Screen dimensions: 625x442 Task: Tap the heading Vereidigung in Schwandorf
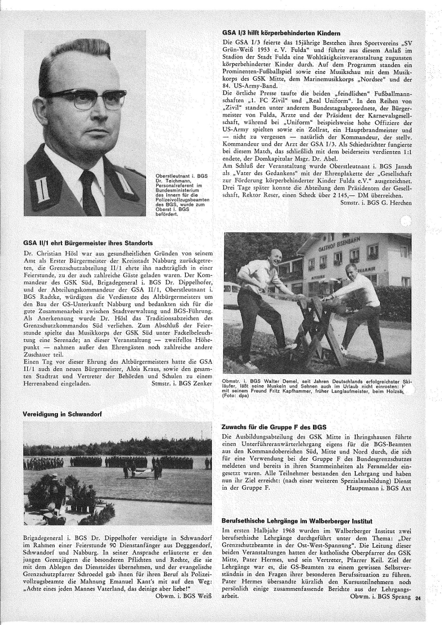coord(62,414)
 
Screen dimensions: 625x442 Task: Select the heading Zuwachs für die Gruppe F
coord(273,426)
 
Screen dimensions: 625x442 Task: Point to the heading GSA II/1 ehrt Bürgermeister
coord(86,241)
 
